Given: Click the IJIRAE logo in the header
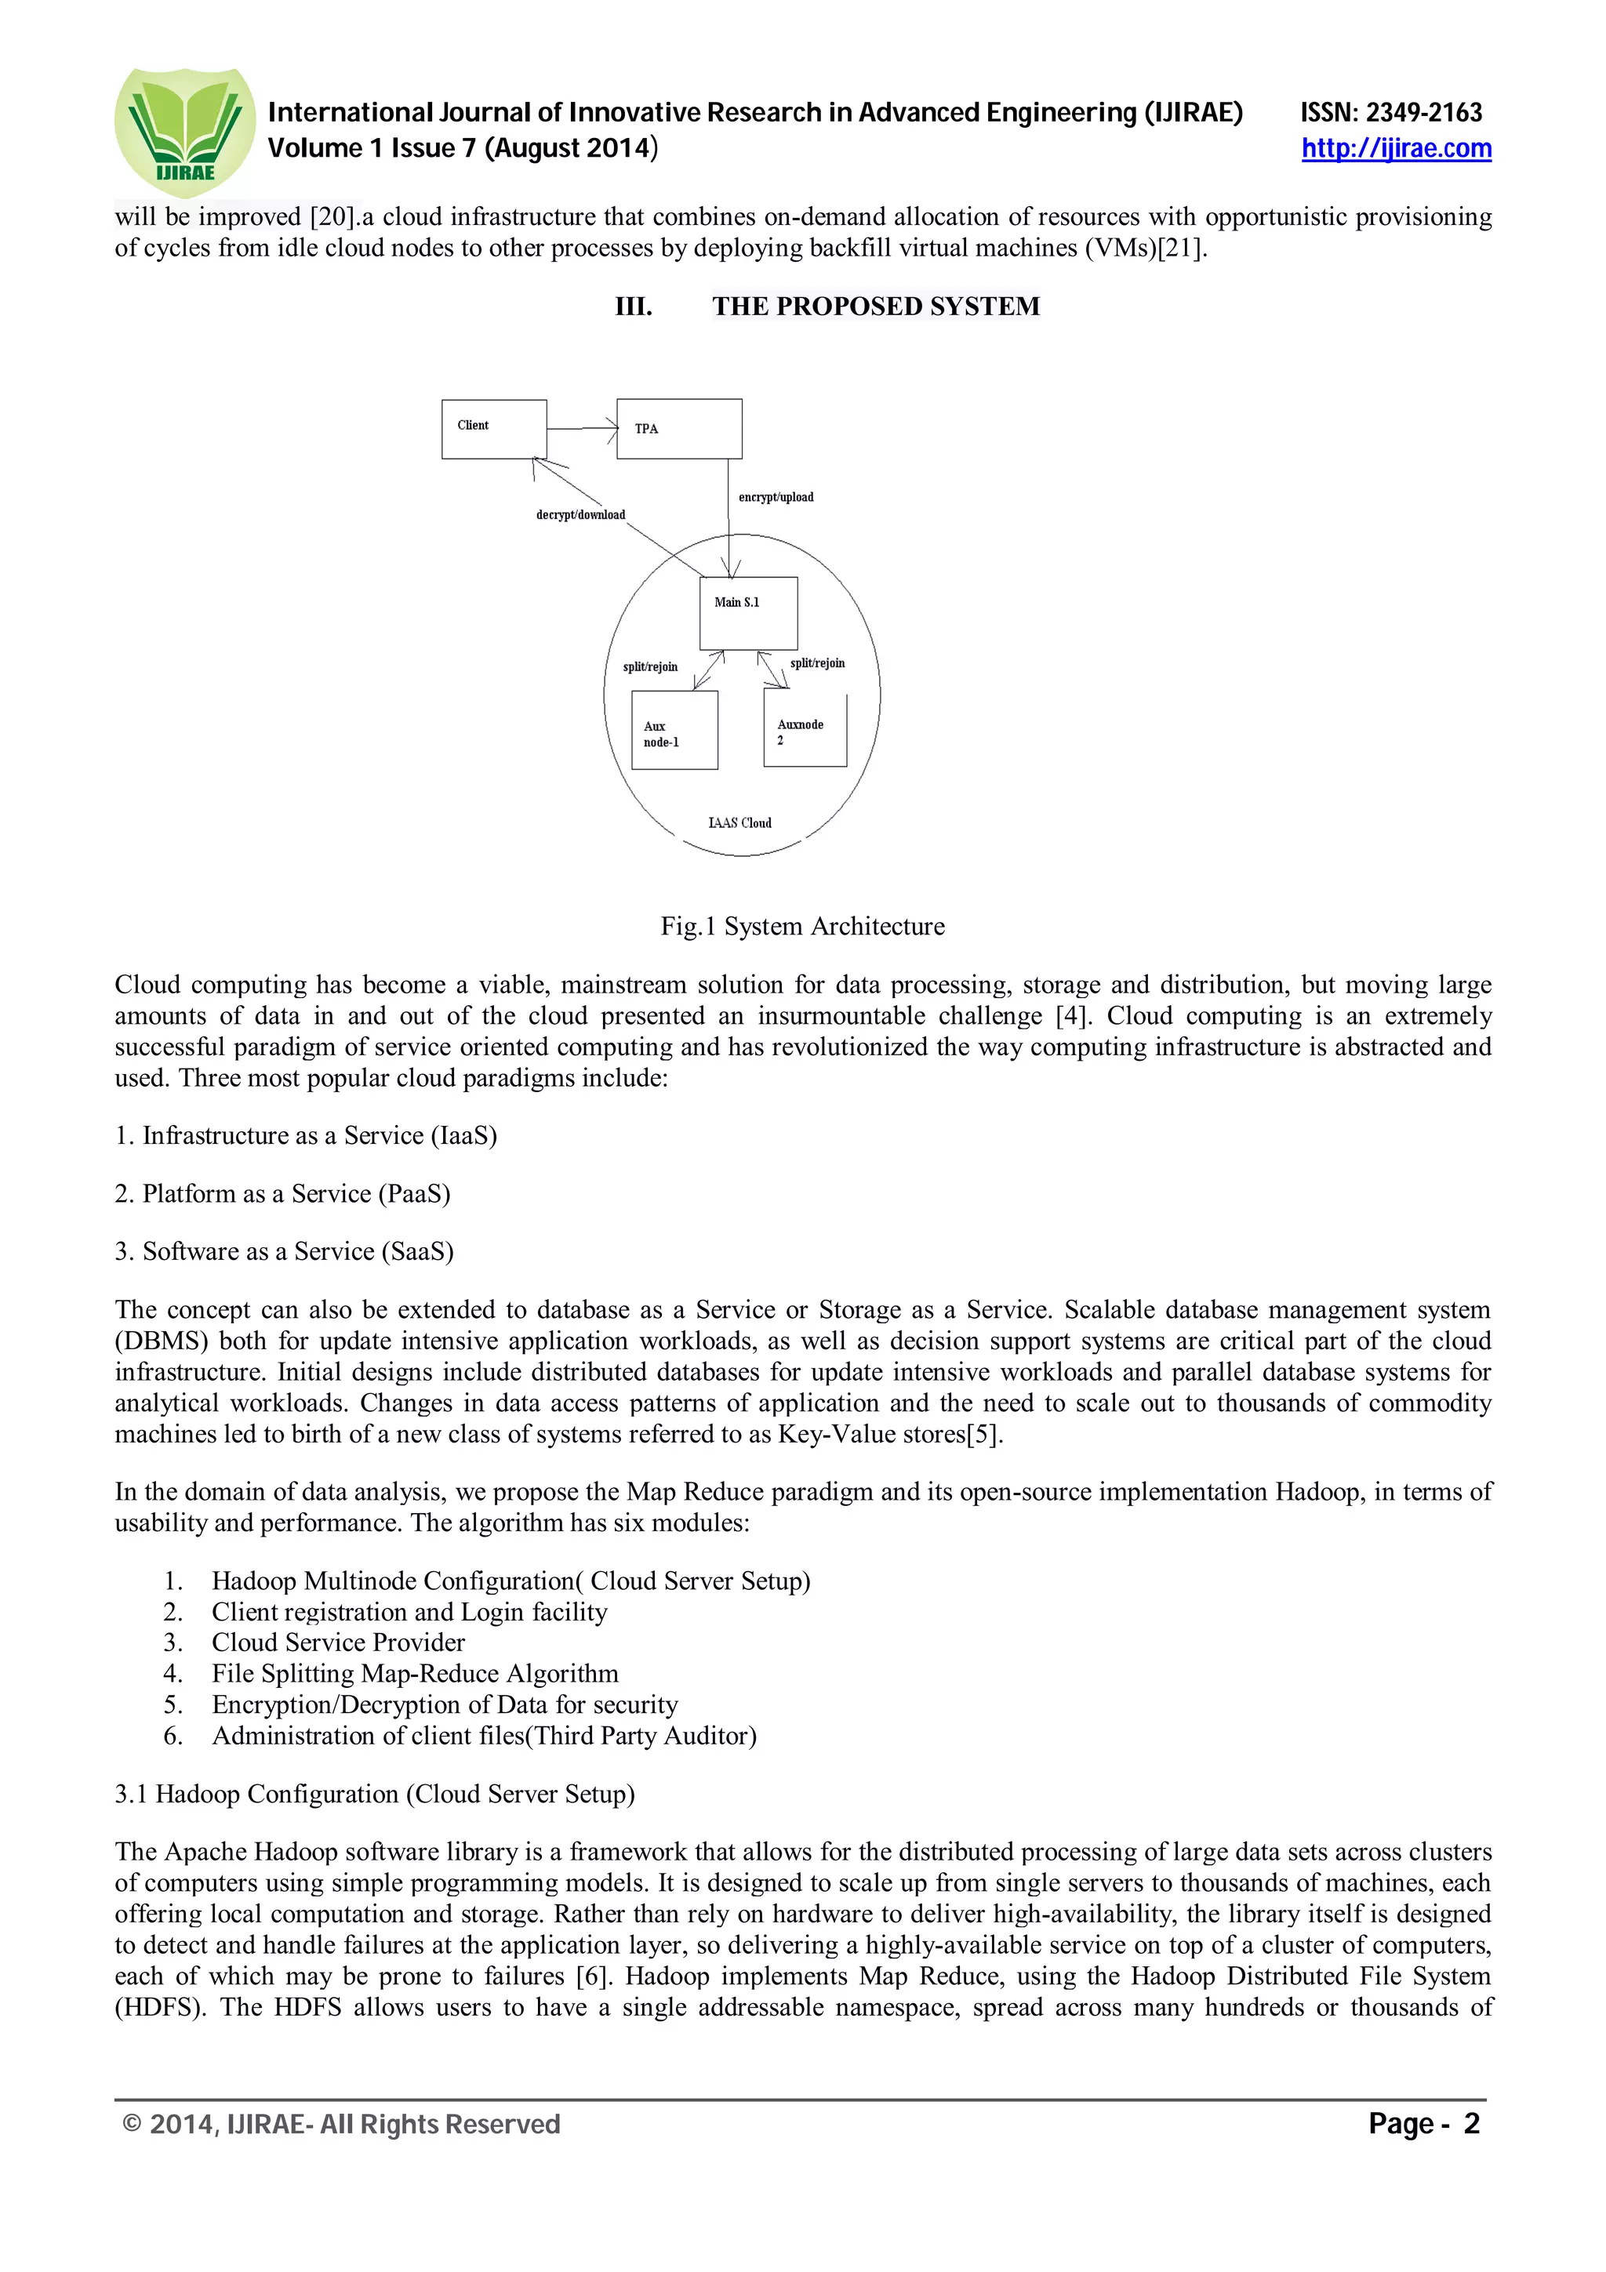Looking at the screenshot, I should (185, 132).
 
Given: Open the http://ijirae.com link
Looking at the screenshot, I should (1395, 148).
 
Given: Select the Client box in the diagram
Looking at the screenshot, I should (494, 429).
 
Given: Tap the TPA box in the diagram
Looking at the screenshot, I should (679, 429).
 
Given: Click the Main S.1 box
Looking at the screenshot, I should (748, 612).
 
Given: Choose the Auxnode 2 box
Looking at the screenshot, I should (805, 728).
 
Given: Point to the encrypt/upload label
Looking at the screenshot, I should (776, 497).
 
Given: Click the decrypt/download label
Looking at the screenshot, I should (581, 514).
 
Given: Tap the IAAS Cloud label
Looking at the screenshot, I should (740, 822).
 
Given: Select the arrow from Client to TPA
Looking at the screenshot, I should (582, 429).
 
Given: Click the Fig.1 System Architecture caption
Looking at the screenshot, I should (802, 926).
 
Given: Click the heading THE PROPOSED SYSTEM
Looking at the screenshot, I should (876, 306).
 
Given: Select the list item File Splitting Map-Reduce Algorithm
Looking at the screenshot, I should (415, 1673).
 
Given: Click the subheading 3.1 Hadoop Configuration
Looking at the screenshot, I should (375, 1794).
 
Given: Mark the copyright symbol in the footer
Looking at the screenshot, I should (132, 2125).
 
